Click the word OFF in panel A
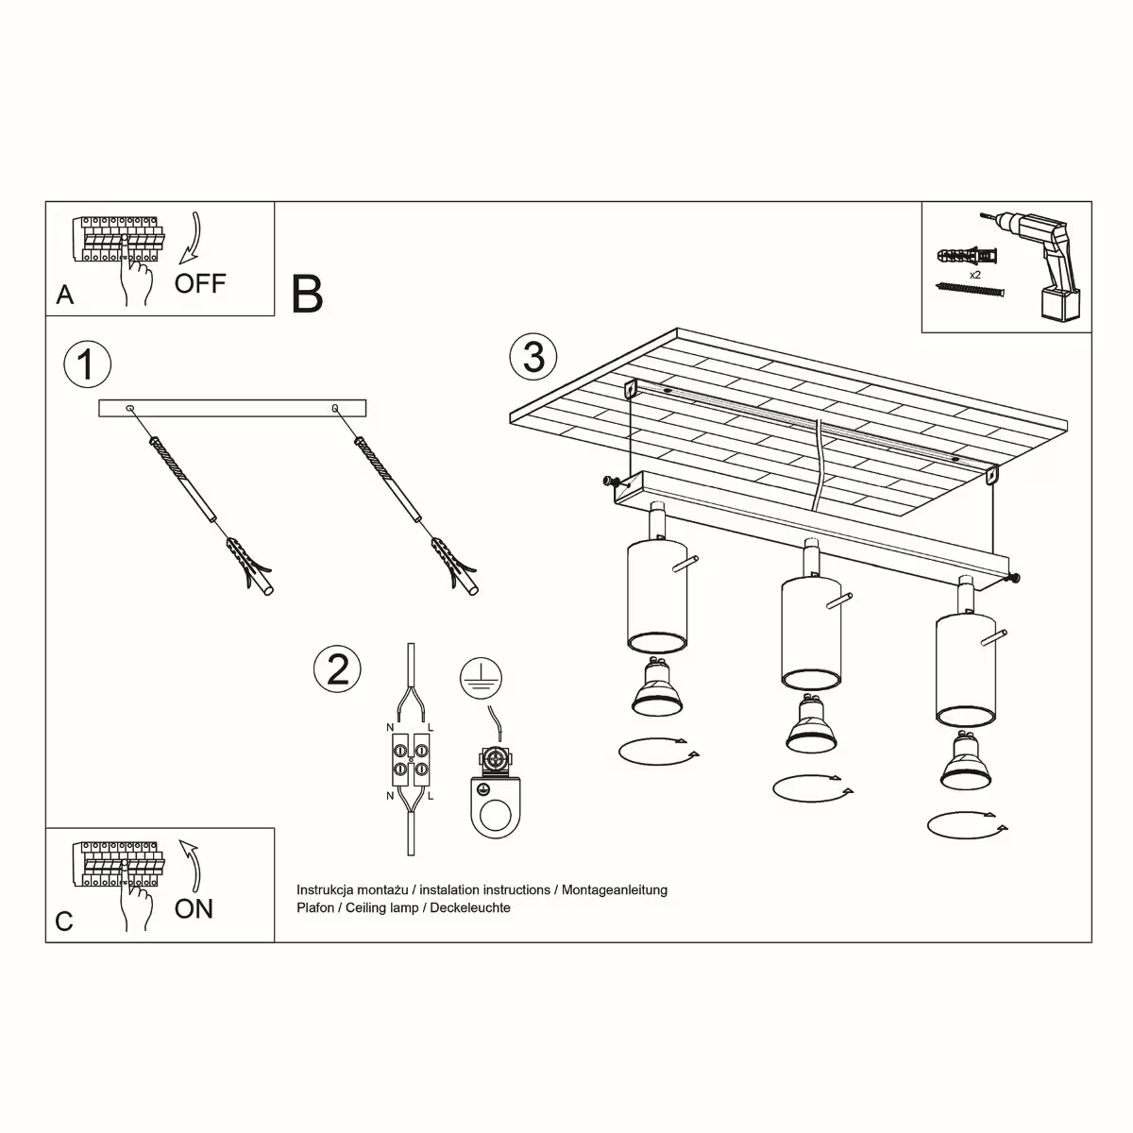(x=200, y=282)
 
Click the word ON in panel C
(x=194, y=908)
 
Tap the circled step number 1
(x=87, y=364)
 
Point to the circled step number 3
(x=533, y=358)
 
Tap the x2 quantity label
(x=975, y=274)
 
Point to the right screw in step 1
(x=387, y=478)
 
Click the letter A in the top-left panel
(x=64, y=295)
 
